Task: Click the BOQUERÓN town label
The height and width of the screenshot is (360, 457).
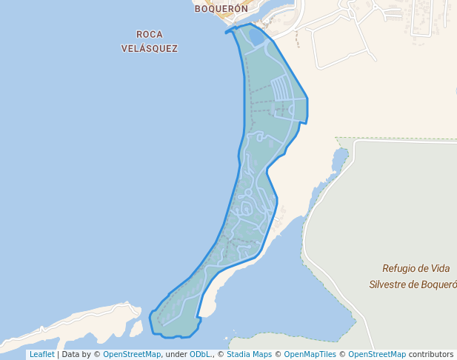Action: pyautogui.click(x=221, y=10)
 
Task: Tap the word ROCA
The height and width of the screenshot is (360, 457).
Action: pyautogui.click(x=150, y=34)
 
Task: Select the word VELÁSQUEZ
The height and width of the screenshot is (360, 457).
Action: pyautogui.click(x=150, y=48)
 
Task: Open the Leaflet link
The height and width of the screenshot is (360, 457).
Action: pyautogui.click(x=41, y=354)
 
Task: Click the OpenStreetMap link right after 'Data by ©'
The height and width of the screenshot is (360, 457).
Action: pyautogui.click(x=131, y=354)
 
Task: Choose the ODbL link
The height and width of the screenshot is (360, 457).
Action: pyautogui.click(x=200, y=354)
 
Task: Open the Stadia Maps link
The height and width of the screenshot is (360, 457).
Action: pyautogui.click(x=249, y=354)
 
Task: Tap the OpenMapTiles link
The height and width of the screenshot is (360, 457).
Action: pyautogui.click(x=310, y=354)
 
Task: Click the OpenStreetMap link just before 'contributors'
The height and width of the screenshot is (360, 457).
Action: pyautogui.click(x=376, y=354)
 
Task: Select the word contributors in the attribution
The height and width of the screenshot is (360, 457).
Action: pyautogui.click(x=430, y=354)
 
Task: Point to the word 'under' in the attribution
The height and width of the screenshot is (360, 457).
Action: pyautogui.click(x=176, y=354)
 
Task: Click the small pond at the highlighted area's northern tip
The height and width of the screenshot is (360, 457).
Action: pyautogui.click(x=256, y=36)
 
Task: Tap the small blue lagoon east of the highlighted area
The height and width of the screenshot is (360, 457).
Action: pyautogui.click(x=339, y=158)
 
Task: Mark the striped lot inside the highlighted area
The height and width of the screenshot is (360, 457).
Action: pyautogui.click(x=284, y=89)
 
